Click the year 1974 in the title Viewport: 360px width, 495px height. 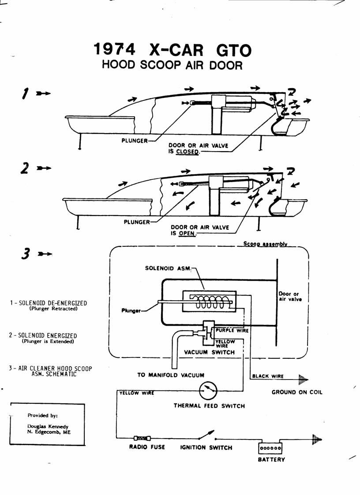(x=114, y=49)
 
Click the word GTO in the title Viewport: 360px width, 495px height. (x=234, y=50)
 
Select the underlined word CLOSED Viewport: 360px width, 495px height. (x=187, y=152)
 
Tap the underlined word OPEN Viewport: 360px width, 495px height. (x=187, y=233)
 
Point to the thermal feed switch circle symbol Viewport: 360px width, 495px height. (x=208, y=391)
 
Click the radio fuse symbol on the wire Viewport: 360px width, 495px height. (x=142, y=438)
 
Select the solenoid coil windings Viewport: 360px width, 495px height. (x=210, y=302)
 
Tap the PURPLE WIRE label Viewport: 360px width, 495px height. (x=232, y=330)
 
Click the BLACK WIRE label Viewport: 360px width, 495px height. (x=268, y=376)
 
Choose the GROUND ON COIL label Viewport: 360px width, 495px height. (x=297, y=392)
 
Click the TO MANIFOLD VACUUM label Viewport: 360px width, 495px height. (x=171, y=375)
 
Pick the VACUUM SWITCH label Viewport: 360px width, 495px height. (x=209, y=352)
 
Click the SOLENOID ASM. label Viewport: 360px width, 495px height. (x=168, y=268)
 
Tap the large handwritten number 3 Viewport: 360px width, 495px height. (x=26, y=253)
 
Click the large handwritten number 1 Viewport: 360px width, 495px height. (x=25, y=93)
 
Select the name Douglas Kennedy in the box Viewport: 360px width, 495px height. (x=48, y=427)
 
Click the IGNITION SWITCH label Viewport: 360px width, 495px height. (x=206, y=447)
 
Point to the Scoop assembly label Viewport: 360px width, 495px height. (x=265, y=244)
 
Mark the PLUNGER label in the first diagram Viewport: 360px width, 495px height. (x=135, y=141)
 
